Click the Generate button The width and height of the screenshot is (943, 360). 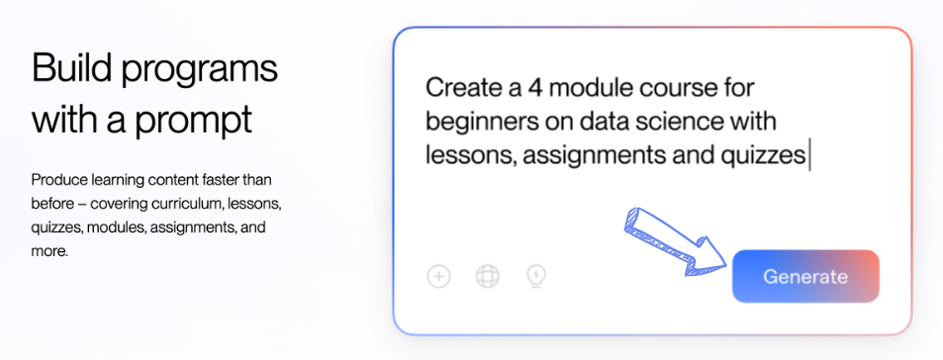click(x=805, y=277)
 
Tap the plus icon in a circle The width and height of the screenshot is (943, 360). click(x=439, y=277)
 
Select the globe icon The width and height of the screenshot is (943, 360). click(x=487, y=277)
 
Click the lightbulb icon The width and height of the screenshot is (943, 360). click(x=536, y=277)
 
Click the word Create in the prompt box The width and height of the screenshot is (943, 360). click(x=462, y=88)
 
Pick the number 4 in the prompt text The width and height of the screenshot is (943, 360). click(x=535, y=88)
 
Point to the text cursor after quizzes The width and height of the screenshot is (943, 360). click(x=809, y=155)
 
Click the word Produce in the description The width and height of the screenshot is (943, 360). click(x=56, y=180)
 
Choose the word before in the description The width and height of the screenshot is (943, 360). click(x=51, y=205)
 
